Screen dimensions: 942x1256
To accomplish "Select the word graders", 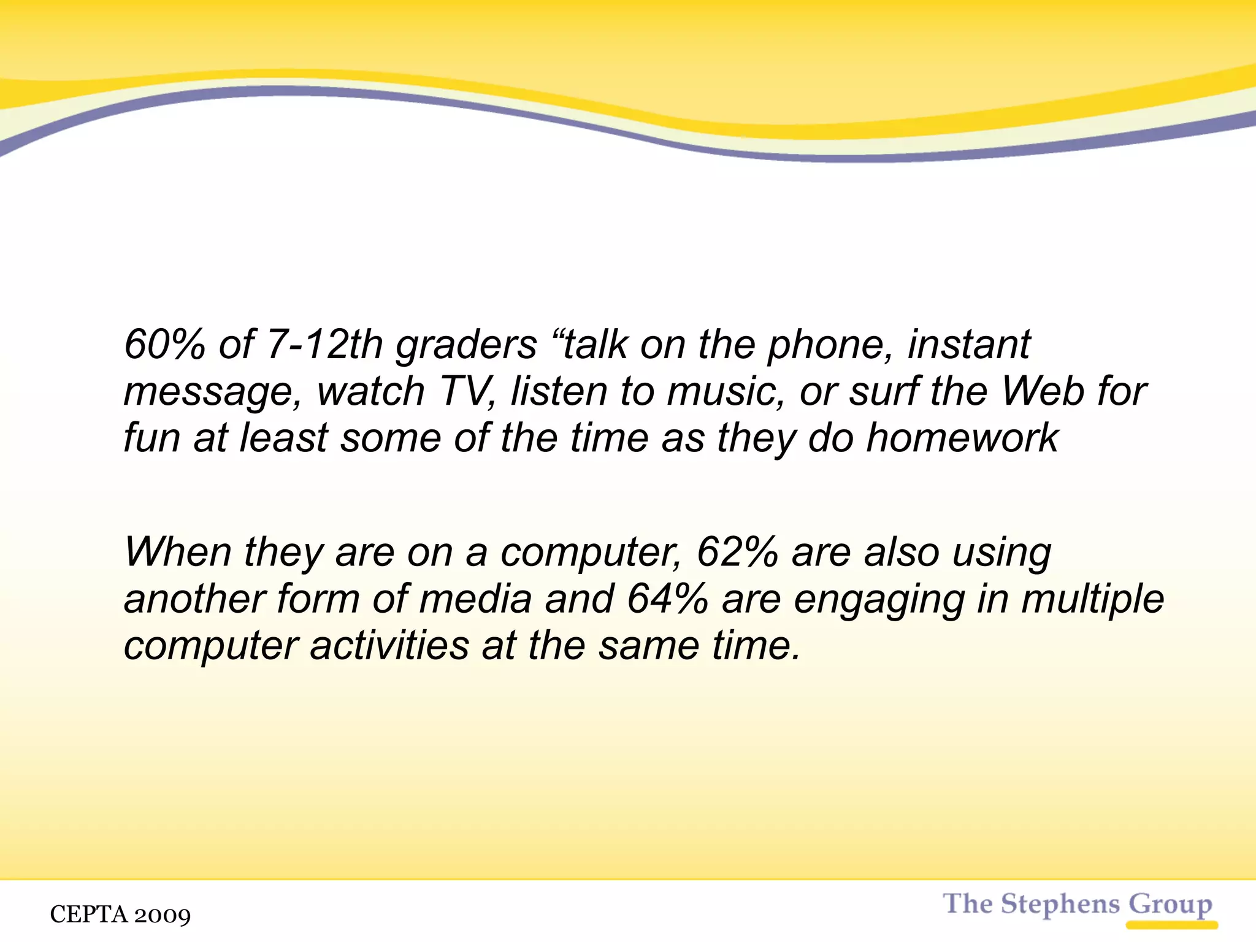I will pos(466,345).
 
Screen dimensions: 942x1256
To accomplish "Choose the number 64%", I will pos(668,599).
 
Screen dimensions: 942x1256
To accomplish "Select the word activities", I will pos(389,645).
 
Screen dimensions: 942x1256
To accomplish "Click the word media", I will pos(475,599).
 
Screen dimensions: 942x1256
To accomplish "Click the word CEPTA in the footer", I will pos(88,914).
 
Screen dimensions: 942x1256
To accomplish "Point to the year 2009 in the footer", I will pos(162,915).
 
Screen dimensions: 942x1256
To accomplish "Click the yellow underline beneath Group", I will pos(1171,925).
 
